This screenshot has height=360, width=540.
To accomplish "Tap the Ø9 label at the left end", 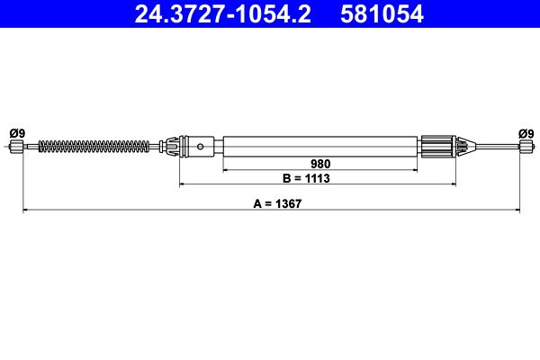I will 16,133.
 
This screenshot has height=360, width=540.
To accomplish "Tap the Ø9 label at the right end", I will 526,133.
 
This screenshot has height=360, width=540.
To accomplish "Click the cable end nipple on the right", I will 525,147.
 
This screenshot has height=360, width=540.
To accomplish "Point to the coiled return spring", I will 100,146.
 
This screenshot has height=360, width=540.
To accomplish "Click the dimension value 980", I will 321,164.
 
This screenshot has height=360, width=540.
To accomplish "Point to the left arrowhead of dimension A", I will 26,211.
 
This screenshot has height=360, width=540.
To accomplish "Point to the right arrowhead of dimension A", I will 517,211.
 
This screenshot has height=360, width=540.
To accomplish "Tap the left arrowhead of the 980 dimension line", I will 226,170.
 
